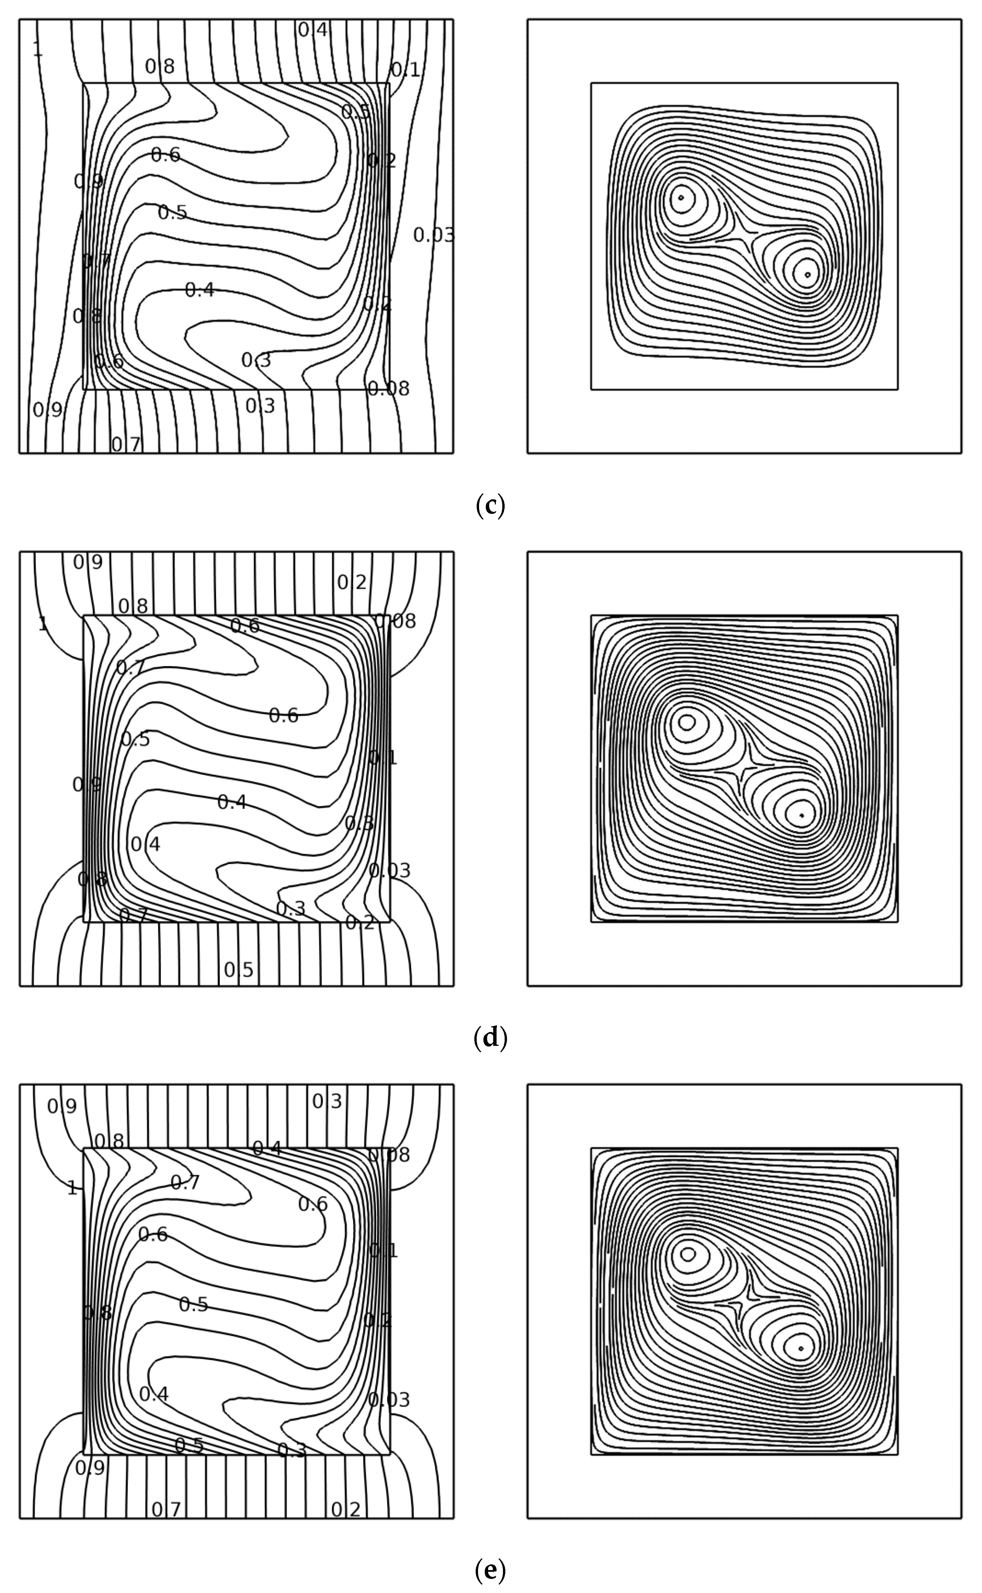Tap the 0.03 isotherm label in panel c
[x=434, y=235]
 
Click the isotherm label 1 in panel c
[x=38, y=49]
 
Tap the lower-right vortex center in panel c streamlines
[x=807, y=275]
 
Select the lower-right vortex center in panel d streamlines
[x=802, y=815]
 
